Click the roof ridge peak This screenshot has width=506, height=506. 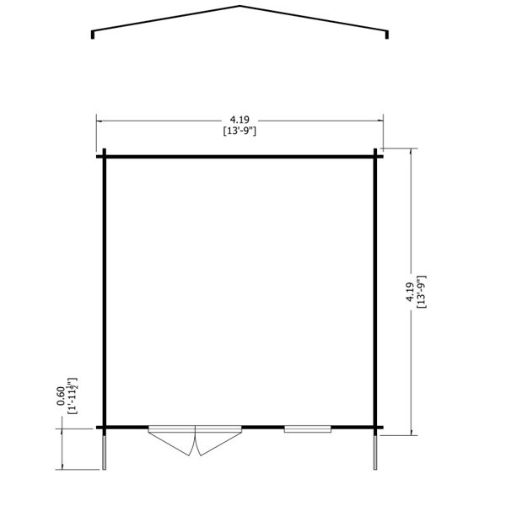(240, 6)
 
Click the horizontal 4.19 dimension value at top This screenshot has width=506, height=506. (240, 120)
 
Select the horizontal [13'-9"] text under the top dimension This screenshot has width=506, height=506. (240, 131)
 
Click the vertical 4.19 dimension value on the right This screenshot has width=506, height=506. (410, 292)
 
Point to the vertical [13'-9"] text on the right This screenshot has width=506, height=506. (422, 292)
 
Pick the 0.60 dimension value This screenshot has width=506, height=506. (61, 396)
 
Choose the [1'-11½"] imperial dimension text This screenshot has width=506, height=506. (73, 396)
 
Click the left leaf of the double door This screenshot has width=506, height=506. (172, 441)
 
